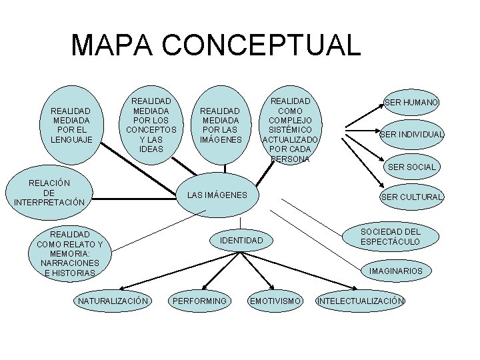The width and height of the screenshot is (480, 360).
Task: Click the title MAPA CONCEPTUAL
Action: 215,45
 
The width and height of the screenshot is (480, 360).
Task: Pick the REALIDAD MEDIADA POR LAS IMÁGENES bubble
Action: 220,125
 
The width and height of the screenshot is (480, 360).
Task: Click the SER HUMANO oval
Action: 411,103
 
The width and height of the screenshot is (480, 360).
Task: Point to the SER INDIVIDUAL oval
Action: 411,135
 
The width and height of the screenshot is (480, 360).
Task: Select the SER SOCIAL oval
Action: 411,167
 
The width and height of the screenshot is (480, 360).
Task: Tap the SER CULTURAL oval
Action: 411,197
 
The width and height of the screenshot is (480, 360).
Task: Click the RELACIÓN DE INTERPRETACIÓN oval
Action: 49,192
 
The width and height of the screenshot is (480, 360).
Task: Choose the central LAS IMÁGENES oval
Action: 217,195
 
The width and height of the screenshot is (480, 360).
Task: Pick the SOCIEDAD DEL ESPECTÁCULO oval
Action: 390,236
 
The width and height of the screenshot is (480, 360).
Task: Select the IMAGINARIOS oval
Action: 395,271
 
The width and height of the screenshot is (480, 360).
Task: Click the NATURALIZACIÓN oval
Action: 113,301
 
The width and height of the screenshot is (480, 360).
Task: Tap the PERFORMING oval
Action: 199,301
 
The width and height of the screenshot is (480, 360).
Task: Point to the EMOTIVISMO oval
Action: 275,301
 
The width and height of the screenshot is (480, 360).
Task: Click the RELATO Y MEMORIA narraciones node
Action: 64,253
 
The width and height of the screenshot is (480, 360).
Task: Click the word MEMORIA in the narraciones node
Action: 65,253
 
